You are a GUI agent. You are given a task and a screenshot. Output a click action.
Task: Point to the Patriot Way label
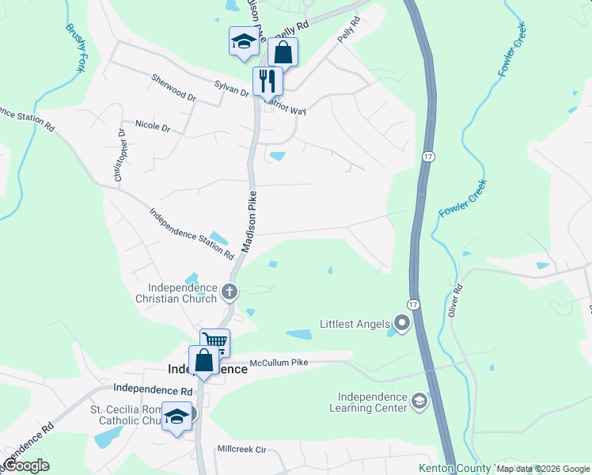(285, 107)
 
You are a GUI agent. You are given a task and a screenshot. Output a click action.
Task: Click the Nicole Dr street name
(153, 125)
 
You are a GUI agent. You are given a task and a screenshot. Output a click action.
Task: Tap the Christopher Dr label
(120, 157)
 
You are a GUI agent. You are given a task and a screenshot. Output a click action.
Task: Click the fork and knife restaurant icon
(268, 80)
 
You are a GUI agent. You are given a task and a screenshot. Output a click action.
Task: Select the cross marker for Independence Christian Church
(230, 292)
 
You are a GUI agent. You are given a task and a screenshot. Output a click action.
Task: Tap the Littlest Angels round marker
(402, 323)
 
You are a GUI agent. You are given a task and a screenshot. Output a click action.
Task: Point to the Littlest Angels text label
(355, 324)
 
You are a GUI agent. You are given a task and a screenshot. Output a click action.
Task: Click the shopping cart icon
(214, 342)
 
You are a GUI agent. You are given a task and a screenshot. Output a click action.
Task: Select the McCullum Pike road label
(278, 363)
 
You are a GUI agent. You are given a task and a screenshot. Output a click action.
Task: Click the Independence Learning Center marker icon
(419, 403)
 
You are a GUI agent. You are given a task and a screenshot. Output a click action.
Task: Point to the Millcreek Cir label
(242, 449)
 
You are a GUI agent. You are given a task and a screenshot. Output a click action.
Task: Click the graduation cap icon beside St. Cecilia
(176, 416)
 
